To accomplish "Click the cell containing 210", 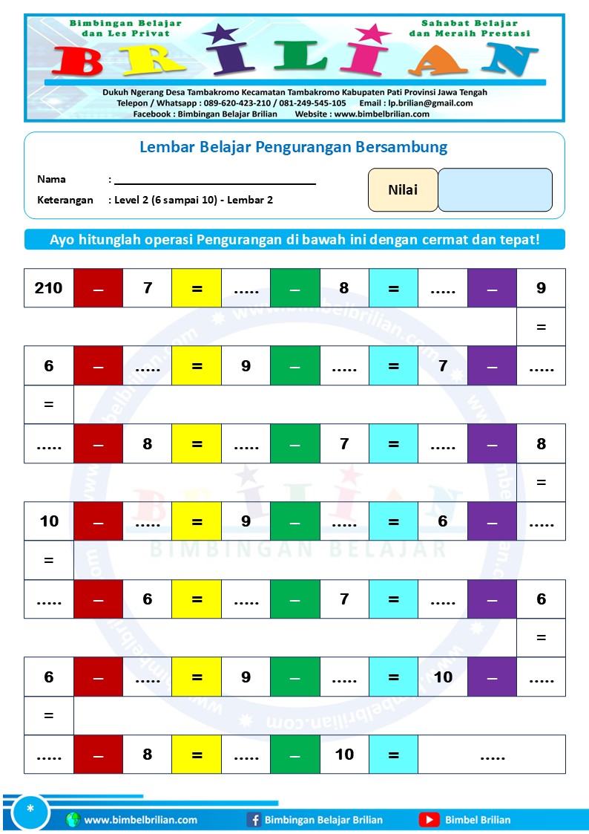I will [x=49, y=288].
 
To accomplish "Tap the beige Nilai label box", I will [x=403, y=190].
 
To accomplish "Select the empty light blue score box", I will [x=495, y=190].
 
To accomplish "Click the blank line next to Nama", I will [x=215, y=180].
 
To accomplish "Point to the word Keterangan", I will [x=65, y=200].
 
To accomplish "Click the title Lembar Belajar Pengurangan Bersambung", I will [x=294, y=147].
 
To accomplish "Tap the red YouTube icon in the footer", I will [x=429, y=820].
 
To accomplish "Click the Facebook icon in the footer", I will [x=254, y=820].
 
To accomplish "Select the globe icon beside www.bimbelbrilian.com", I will [x=73, y=820].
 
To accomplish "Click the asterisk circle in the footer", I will [x=30, y=809].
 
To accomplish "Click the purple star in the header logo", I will [x=220, y=33].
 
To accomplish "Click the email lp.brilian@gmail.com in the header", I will [x=432, y=103].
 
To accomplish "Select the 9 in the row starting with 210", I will [x=541, y=288].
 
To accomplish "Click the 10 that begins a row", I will [x=49, y=521].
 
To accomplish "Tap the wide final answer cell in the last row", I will [x=492, y=755].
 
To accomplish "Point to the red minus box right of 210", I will [x=99, y=288].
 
